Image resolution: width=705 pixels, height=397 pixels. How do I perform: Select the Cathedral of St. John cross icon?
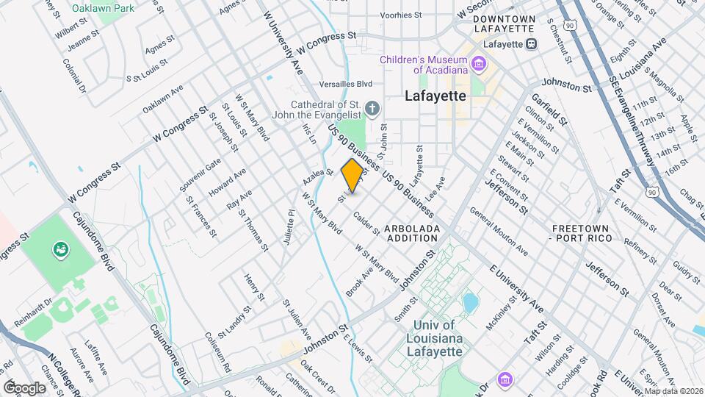372,110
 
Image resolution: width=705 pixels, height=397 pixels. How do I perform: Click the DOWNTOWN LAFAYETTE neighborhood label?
503,24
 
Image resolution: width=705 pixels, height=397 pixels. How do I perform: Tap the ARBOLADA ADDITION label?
413,233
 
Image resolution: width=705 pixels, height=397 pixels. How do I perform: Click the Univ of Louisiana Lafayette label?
435,337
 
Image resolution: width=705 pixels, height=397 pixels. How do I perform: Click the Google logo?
24,387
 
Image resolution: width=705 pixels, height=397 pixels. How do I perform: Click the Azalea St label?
319,178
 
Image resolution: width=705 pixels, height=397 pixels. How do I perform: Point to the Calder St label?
366,224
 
